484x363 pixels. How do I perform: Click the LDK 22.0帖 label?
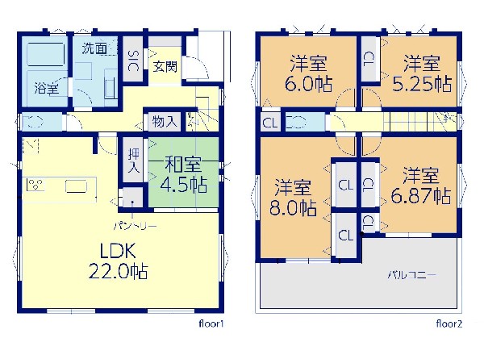tap(119, 261)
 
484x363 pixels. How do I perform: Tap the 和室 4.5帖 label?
tap(183, 174)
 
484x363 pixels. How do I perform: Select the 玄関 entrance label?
tap(165, 67)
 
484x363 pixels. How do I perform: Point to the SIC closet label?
tap(133, 61)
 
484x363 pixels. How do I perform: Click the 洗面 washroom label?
tap(94, 48)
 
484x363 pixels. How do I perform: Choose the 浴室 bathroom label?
tap(47, 88)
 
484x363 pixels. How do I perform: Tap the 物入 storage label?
tap(165, 121)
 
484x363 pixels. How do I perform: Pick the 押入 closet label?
tap(134, 160)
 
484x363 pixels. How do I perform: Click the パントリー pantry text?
tap(136, 226)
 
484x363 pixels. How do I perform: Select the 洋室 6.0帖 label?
tap(308, 73)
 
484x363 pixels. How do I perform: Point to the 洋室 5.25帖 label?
tap(422, 73)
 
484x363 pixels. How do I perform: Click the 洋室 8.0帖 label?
tap(293, 198)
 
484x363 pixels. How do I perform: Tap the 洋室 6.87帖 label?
tap(420, 186)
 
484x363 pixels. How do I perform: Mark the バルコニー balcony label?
tap(412, 274)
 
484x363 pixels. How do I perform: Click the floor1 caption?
tap(211, 323)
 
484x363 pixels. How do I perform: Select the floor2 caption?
tap(449, 323)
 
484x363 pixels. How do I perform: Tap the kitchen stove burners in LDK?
tap(35, 185)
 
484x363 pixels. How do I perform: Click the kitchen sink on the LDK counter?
tap(77, 187)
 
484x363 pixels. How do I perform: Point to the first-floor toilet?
tap(32, 121)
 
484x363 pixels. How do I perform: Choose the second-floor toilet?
tap(296, 122)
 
